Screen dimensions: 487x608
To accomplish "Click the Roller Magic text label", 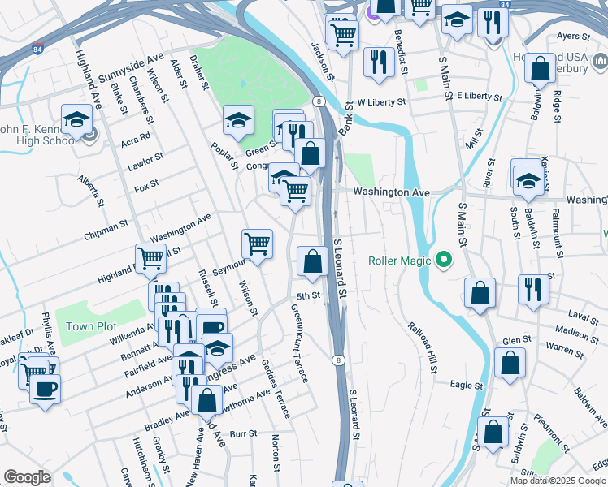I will tap(398, 261).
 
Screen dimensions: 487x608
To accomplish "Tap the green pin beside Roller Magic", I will tap(443, 261).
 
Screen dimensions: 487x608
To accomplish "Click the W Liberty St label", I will tap(381, 102).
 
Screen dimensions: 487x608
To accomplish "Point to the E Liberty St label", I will tap(480, 96).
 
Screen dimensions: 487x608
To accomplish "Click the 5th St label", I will tap(309, 296).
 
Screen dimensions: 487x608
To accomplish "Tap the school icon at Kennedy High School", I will tap(76, 119).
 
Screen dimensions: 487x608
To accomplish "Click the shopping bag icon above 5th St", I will tap(312, 261).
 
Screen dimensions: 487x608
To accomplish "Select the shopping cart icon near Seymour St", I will tap(258, 243).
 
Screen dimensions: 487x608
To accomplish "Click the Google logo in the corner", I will tap(27, 477).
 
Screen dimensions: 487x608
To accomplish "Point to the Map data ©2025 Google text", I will tap(557, 481).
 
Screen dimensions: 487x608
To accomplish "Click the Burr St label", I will tap(243, 434).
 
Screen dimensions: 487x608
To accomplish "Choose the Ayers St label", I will tap(573, 37).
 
